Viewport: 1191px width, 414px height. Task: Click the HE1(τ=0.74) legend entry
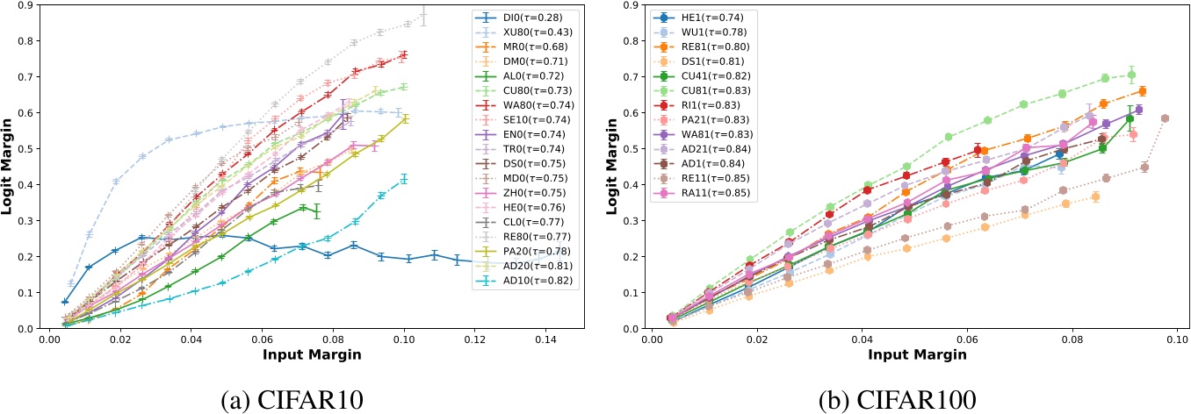[x=698, y=18]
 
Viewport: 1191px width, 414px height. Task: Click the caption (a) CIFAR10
[x=297, y=396]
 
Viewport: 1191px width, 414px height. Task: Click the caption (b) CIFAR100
[x=894, y=396]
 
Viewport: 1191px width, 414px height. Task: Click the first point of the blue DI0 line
[x=65, y=302]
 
